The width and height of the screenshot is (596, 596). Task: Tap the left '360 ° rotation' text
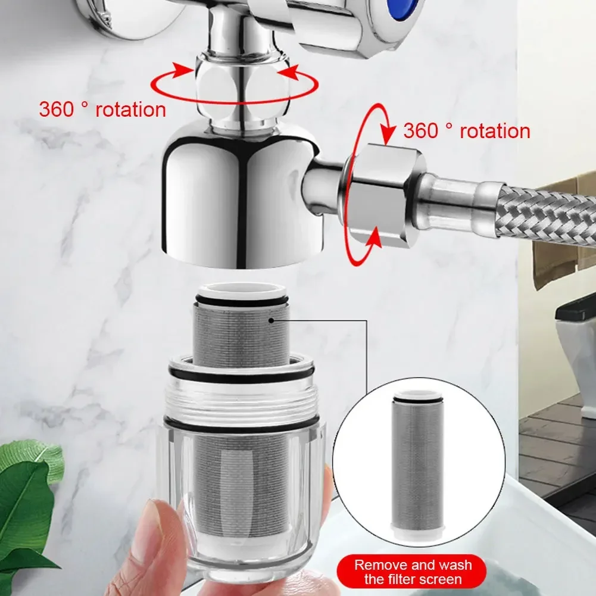pos(102,110)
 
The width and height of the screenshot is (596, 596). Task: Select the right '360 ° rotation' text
pos(466,131)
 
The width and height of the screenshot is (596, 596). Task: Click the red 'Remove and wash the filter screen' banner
pos(413,571)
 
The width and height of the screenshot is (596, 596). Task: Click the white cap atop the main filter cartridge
pos(241,293)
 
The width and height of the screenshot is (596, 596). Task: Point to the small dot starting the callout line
pos(271,320)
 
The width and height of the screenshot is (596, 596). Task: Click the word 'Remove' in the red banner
pos(379,564)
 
